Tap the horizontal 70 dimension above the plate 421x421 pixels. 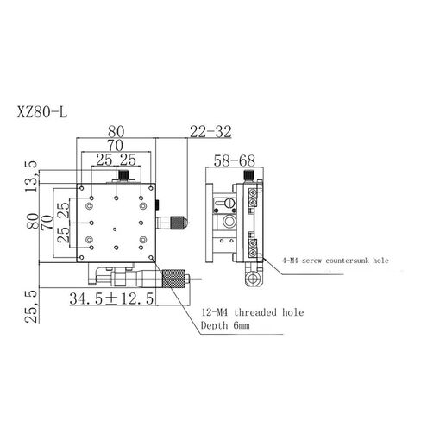[115, 147]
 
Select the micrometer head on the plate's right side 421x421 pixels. [174, 223]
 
